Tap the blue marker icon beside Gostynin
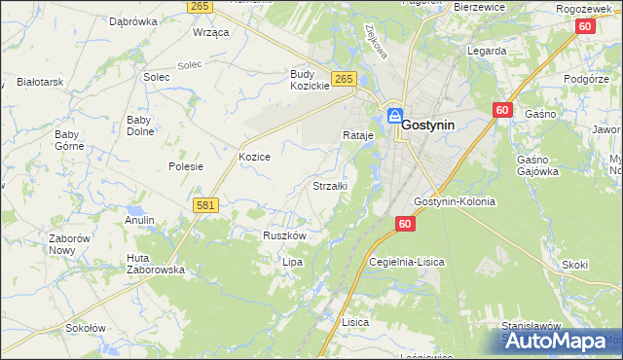pyautogui.click(x=395, y=116)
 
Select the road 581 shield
pyautogui.click(x=204, y=206)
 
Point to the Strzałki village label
pyautogui.click(x=329, y=185)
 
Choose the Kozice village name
pyautogui.click(x=254, y=156)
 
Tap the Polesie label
pyautogui.click(x=185, y=166)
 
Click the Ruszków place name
pyautogui.click(x=285, y=235)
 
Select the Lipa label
pyautogui.click(x=293, y=262)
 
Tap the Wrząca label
pyautogui.click(x=210, y=32)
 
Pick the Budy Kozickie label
pyautogui.click(x=311, y=80)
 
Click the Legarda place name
pyautogui.click(x=486, y=51)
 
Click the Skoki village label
pyautogui.click(x=575, y=264)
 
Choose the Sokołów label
pyautogui.click(x=85, y=328)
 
